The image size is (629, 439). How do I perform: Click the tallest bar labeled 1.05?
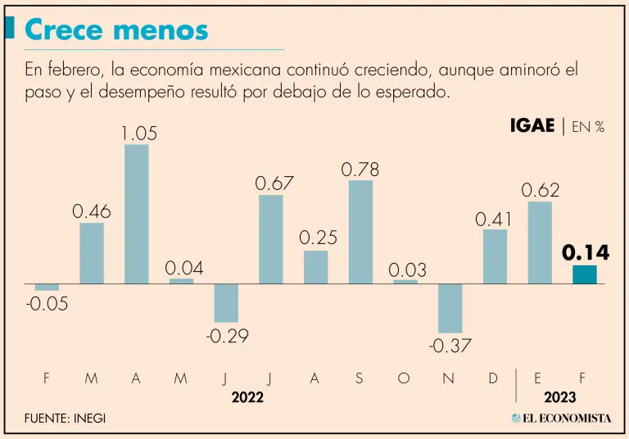pos(136,214)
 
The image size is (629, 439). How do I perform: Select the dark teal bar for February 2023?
pos(584,274)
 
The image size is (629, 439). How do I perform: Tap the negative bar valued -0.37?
pos(450,308)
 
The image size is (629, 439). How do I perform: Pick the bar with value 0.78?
pos(360,232)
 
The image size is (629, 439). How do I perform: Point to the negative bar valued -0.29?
pos(226,302)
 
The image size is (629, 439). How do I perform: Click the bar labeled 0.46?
pos(92,253)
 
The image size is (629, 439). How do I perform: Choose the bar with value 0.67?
pos(271,239)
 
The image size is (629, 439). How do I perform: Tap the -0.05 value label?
pos(46,305)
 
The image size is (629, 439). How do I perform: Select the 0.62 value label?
pos(541,190)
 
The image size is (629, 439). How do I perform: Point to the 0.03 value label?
pos(405,269)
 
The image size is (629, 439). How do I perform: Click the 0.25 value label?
pos(316,238)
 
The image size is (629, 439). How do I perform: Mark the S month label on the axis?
pos(360,378)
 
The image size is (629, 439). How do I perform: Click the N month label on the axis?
pos(450,378)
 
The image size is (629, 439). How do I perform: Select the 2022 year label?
pos(247,397)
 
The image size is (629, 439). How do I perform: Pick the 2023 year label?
pos(559,397)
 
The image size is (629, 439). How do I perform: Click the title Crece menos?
pos(116,30)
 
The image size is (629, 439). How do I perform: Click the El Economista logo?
pos(562,418)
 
